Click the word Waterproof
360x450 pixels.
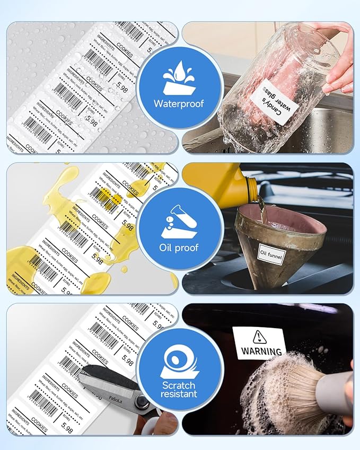pyautogui.click(x=179, y=103)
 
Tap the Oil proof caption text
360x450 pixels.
pyautogui.click(x=179, y=247)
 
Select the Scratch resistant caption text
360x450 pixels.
pyautogui.click(x=179, y=389)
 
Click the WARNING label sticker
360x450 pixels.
pyautogui.click(x=259, y=343)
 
